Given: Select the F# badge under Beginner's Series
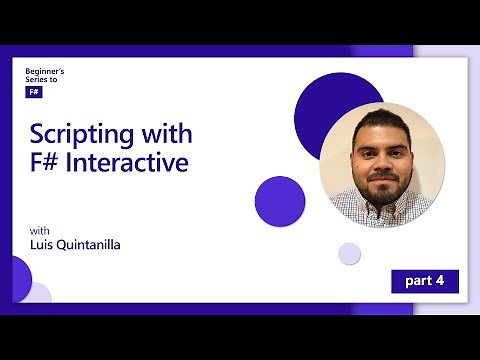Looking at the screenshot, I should (x=34, y=91).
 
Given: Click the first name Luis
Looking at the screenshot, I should (x=43, y=244).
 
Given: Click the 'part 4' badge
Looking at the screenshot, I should (x=424, y=281).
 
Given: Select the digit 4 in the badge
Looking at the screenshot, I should (x=439, y=281).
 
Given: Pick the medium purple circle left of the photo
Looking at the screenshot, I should (x=280, y=200).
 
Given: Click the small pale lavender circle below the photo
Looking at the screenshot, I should (x=349, y=253).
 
